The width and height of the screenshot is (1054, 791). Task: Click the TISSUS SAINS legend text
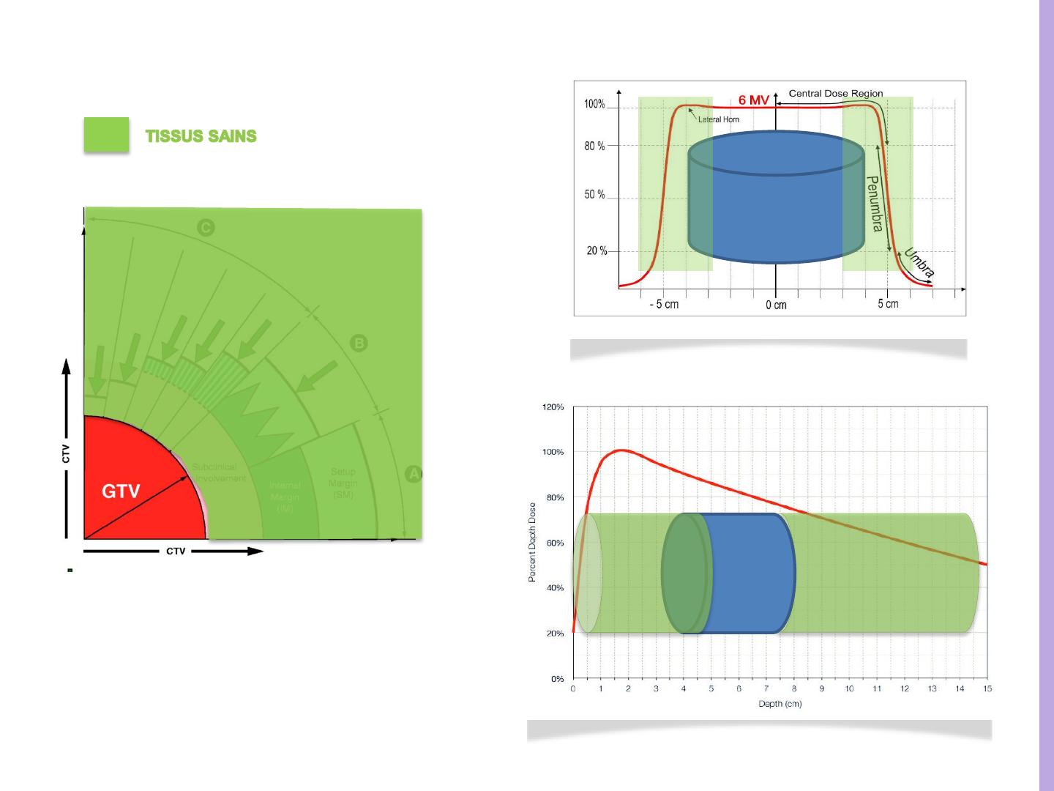click(201, 136)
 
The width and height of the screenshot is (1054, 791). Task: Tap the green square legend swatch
click(106, 135)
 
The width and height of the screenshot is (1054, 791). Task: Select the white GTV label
click(120, 491)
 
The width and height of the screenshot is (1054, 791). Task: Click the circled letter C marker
click(206, 229)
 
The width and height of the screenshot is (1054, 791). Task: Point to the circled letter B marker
click(359, 343)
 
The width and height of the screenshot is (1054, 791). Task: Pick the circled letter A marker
click(414, 474)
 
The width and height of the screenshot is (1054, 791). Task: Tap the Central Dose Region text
click(835, 94)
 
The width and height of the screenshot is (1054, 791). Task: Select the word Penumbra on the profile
click(873, 204)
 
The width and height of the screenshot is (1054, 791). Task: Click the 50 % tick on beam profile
click(594, 195)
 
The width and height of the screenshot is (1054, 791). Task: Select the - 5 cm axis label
click(664, 304)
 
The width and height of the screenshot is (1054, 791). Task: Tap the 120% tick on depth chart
click(553, 407)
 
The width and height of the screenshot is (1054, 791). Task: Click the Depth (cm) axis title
click(780, 705)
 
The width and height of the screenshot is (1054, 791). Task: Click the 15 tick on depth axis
click(987, 689)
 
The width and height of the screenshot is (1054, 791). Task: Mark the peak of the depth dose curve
click(621, 450)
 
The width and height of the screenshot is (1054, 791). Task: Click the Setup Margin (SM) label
click(343, 483)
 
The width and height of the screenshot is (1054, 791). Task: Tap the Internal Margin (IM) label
click(285, 497)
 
